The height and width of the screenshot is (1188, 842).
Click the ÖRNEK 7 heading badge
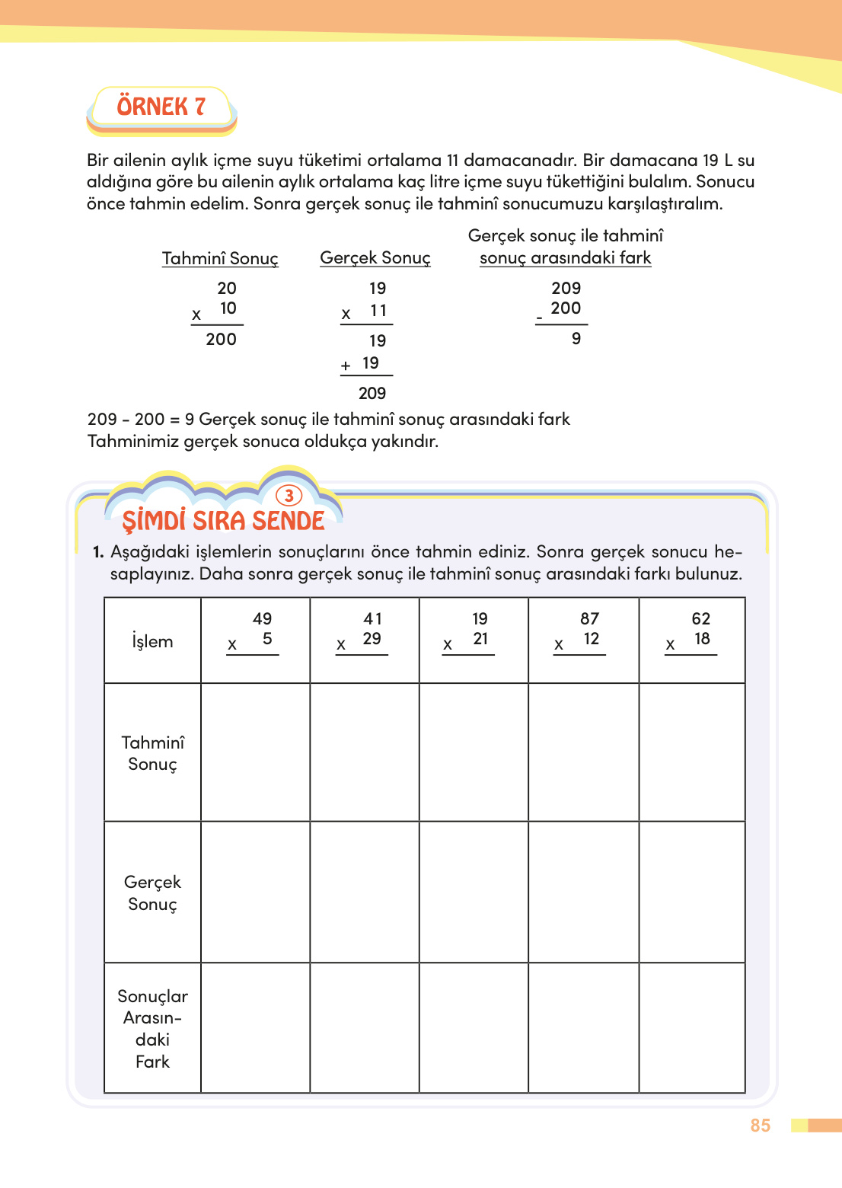coord(161,107)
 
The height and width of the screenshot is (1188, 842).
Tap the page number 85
coord(760,1126)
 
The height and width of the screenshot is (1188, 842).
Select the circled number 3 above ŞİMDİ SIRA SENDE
coord(289,496)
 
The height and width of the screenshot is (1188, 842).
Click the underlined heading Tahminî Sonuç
coord(220,259)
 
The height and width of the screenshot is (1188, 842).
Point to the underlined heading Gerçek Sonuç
coord(375,258)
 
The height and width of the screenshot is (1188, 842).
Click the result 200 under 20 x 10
coord(221,340)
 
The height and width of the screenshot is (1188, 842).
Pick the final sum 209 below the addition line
coord(372,394)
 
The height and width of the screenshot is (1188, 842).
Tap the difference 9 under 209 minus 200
coord(576,339)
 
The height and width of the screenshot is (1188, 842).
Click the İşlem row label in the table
coord(152,641)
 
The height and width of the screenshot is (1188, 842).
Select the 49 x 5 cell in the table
coord(255,640)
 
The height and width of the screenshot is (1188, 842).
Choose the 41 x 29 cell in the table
coord(364,640)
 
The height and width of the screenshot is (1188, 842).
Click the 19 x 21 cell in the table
coord(474,640)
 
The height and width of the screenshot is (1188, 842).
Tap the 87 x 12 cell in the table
coord(583,640)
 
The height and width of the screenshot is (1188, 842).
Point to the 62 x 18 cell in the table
coord(692,640)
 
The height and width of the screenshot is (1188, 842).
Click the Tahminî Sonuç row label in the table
coord(152,753)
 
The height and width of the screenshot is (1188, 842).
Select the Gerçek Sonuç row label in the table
coord(152,893)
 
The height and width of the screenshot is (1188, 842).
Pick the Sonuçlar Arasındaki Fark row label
coord(152,1028)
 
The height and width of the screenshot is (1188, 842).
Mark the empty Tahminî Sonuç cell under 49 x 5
coord(255,752)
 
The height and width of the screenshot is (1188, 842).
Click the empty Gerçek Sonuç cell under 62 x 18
coord(692,892)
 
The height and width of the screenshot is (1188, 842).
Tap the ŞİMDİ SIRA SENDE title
coord(223,521)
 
